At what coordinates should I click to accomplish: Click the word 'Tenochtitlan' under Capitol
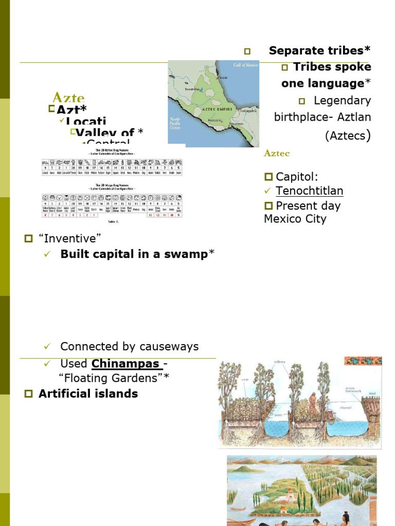pyautogui.click(x=309, y=191)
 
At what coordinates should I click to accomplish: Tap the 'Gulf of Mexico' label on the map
pyautogui.click(x=244, y=65)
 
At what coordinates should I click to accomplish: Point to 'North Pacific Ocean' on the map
pyautogui.click(x=177, y=123)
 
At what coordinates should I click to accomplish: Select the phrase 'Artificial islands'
pyautogui.click(x=88, y=393)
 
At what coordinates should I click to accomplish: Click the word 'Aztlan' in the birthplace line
pyautogui.click(x=354, y=117)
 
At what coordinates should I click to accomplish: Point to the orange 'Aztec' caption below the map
pyautogui.click(x=277, y=154)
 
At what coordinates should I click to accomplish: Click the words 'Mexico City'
pyautogui.click(x=295, y=219)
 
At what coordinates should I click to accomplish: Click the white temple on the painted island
pyautogui.click(x=289, y=496)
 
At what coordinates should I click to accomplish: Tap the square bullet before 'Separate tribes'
pyautogui.click(x=247, y=51)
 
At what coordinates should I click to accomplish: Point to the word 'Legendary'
pyautogui.click(x=342, y=100)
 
